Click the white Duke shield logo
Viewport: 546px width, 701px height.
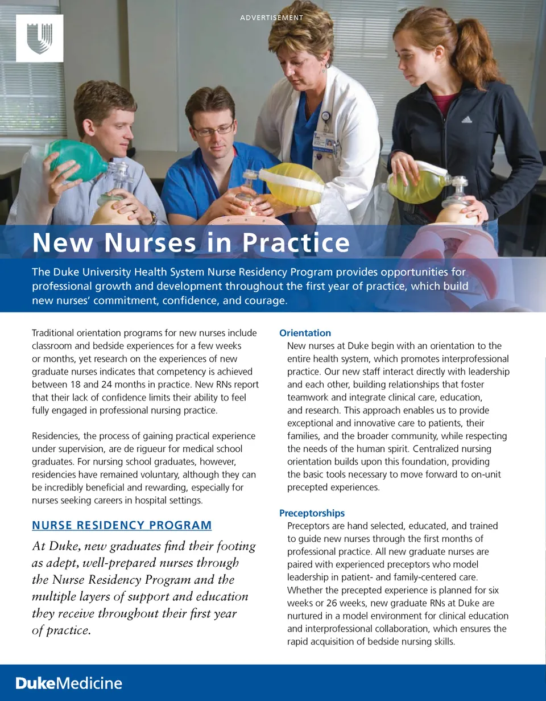click(39, 38)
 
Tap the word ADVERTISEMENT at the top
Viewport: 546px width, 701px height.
click(272, 18)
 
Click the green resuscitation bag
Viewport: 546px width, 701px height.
click(77, 160)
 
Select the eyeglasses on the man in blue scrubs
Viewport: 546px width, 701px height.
click(213, 130)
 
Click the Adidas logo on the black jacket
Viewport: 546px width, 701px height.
click(467, 119)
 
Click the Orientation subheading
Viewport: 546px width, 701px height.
click(305, 333)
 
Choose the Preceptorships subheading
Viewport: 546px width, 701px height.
click(312, 513)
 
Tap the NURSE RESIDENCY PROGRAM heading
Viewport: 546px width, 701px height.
click(122, 525)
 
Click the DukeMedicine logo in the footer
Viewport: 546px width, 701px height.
click(69, 683)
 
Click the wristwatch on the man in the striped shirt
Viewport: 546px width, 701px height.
click(153, 217)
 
